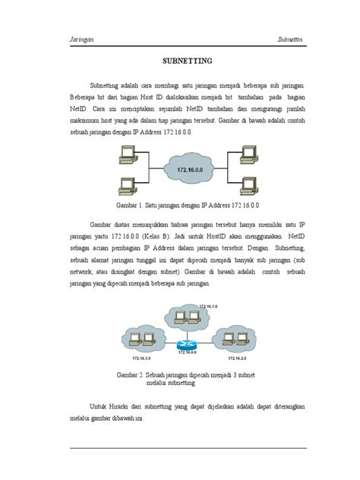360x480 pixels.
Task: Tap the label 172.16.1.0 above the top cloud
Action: coord(208,305)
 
